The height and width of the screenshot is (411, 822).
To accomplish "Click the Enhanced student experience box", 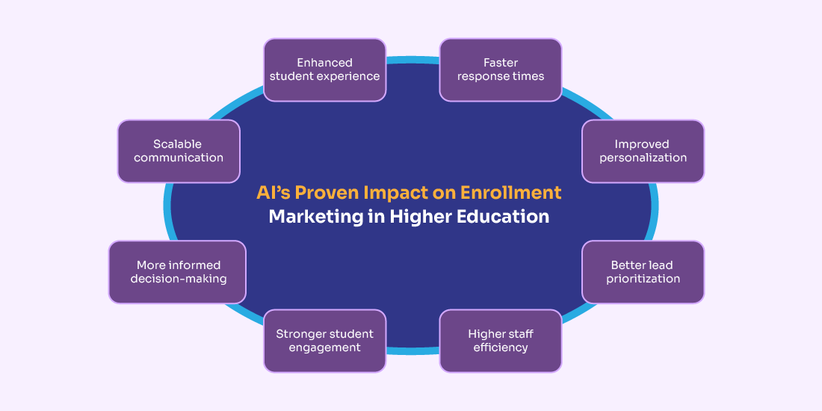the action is coord(324,69).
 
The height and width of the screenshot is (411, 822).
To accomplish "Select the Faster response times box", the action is coord(501,69).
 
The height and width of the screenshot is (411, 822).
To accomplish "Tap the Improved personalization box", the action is coord(643,151).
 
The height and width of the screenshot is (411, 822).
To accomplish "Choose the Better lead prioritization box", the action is coord(643,272).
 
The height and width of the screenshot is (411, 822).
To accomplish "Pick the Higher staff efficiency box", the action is coord(501,341).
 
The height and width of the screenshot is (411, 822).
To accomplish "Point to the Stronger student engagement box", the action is coord(324,341).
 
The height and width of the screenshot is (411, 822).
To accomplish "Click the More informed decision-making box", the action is coord(178,272).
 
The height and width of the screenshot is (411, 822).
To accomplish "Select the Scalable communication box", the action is coord(179,151).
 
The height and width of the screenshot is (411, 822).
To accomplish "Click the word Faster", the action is coord(501,63).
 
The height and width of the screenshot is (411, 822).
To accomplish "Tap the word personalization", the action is coord(643,158).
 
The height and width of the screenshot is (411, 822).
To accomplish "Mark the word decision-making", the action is coord(179,279).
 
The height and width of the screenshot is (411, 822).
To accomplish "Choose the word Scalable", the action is coord(178,143).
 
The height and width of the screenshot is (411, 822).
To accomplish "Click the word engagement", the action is coord(324,347).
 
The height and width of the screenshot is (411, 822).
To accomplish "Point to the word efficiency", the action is coord(501,347).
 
